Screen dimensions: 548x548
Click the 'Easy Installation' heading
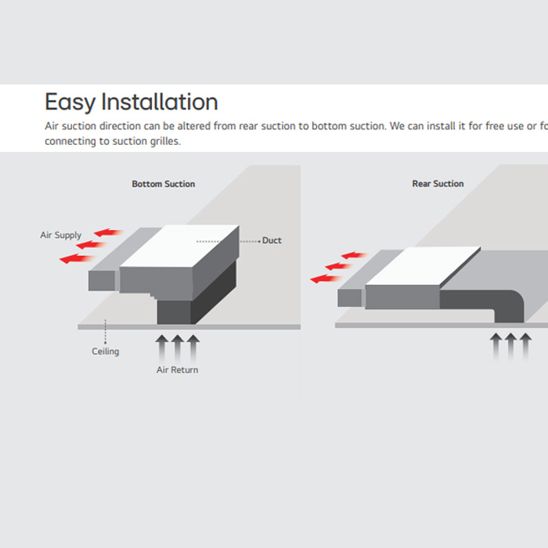click(x=131, y=103)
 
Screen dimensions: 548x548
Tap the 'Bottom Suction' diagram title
click(x=163, y=184)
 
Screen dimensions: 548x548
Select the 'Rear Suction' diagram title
click(x=438, y=184)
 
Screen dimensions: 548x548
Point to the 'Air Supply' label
click(x=61, y=235)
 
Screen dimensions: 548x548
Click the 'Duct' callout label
click(x=272, y=240)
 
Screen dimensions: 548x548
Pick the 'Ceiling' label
click(x=106, y=352)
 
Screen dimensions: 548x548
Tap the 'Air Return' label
click(x=177, y=370)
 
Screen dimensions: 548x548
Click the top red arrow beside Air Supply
click(x=110, y=233)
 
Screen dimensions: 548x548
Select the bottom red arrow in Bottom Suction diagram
click(x=76, y=258)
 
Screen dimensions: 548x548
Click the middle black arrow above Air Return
click(x=178, y=344)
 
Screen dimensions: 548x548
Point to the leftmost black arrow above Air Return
click(x=162, y=344)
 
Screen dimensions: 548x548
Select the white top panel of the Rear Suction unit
click(x=423, y=266)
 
